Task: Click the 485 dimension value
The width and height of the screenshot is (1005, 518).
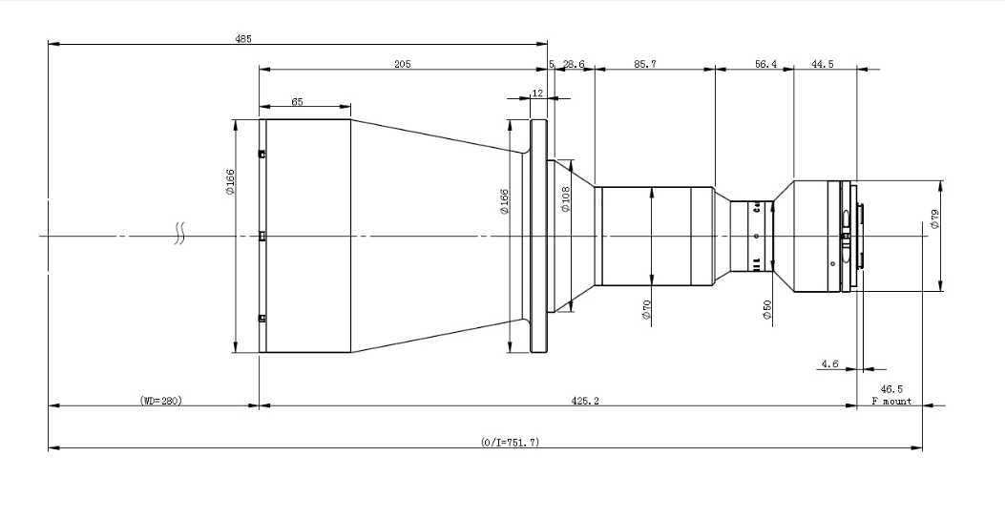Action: click(243, 38)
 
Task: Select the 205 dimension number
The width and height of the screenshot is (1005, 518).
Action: click(403, 64)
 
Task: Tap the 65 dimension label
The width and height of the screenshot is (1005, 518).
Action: click(298, 102)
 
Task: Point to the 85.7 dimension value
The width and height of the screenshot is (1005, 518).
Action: click(645, 64)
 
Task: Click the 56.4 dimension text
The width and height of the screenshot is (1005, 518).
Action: click(766, 64)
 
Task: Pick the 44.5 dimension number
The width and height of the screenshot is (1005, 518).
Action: click(823, 64)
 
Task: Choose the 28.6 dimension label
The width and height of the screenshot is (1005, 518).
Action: click(574, 64)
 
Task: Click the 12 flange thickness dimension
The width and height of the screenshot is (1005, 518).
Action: click(537, 93)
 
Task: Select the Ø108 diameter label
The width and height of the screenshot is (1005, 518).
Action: click(565, 199)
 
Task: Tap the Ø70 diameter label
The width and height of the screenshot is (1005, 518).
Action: click(646, 310)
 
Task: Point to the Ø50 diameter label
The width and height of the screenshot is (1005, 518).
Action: click(767, 310)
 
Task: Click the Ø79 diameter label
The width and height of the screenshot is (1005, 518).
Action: click(934, 219)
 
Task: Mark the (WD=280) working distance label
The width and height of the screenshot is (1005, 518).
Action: click(161, 401)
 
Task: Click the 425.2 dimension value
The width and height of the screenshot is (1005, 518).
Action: click(585, 401)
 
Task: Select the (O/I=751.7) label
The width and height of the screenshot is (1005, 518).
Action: click(511, 442)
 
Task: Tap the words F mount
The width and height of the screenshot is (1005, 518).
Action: click(891, 402)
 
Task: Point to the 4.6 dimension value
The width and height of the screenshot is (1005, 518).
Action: click(829, 363)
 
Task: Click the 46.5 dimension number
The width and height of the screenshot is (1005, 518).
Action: click(891, 389)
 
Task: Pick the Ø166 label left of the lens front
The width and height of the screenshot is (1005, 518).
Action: click(230, 182)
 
